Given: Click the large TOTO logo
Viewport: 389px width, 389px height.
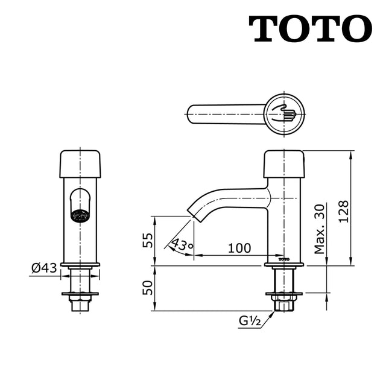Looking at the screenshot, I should point(310,28).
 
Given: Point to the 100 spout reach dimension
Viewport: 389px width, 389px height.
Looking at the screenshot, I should point(239,248).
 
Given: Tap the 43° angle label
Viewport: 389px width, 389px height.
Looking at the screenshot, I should point(182,245).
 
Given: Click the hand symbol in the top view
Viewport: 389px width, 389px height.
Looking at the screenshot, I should point(284,113).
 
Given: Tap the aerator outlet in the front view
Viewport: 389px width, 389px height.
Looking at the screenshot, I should point(80,214).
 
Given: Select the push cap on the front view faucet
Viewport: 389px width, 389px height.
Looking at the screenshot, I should point(80,163).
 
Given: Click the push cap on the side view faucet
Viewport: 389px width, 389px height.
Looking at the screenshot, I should point(283,163).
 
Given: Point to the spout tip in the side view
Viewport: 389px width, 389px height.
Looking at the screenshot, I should point(194,212).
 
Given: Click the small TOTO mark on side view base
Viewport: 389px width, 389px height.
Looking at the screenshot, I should point(283,258).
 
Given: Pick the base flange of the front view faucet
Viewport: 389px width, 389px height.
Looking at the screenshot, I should point(80,264).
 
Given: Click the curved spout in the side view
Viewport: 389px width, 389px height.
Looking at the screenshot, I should point(226,198).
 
